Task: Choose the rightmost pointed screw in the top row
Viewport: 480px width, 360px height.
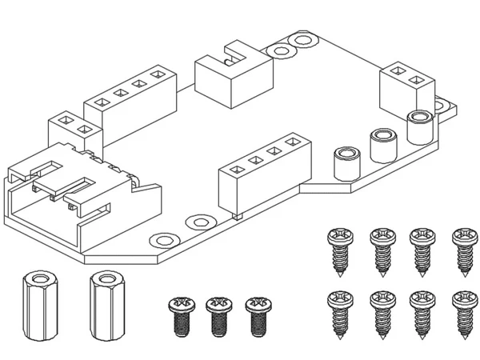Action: (462, 250)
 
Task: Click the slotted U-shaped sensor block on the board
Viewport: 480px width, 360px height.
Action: (233, 77)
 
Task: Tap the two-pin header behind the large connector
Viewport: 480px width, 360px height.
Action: (71, 133)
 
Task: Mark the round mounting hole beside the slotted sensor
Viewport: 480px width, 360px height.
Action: (281, 53)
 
